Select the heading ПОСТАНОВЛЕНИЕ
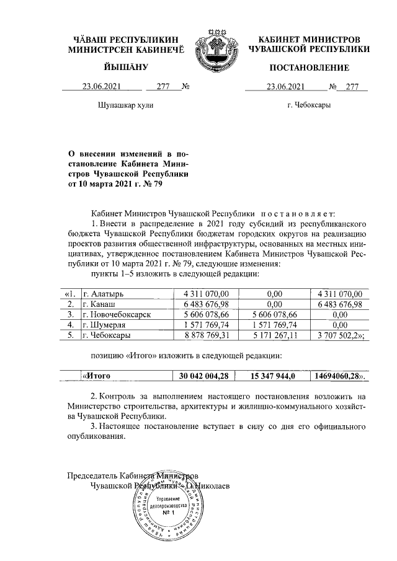pyautogui.click(x=308, y=67)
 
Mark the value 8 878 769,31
pyautogui.click(x=208, y=335)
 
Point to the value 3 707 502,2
pyautogui.click(x=338, y=335)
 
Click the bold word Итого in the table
pyautogui.click(x=97, y=375)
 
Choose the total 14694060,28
pyautogui.click(x=338, y=375)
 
